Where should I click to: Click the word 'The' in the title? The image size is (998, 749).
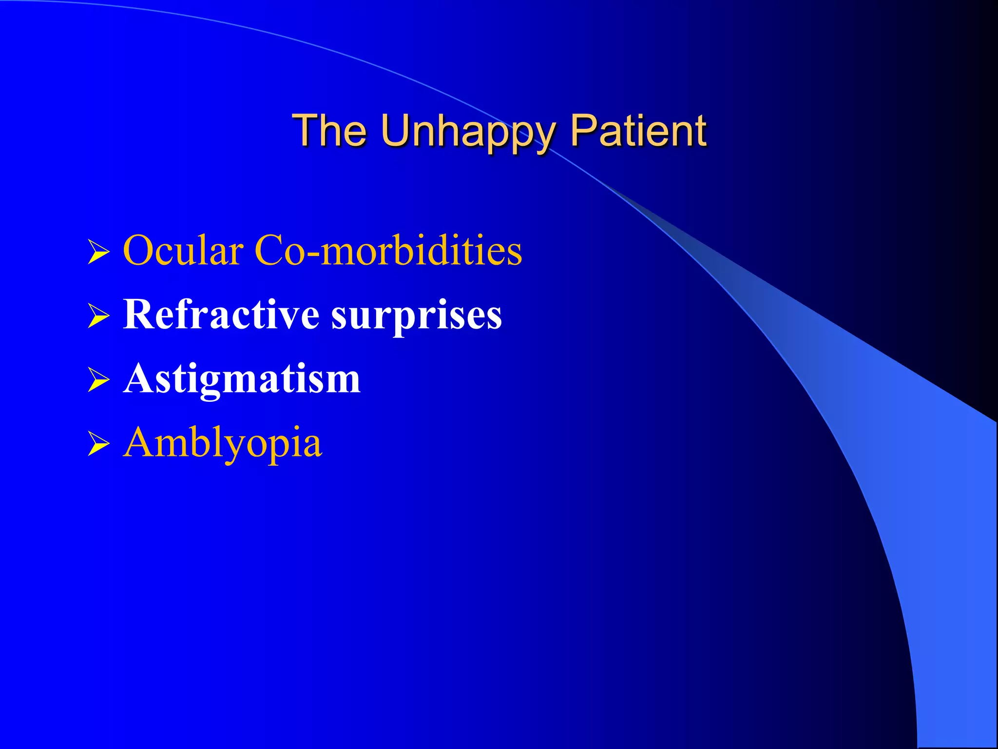pyautogui.click(x=329, y=130)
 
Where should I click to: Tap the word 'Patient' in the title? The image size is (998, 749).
pyautogui.click(x=638, y=130)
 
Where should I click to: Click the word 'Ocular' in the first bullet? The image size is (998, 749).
pyautogui.click(x=183, y=251)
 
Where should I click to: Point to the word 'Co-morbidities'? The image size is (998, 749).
pyautogui.click(x=388, y=251)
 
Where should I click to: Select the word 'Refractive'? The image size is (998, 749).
pyautogui.click(x=221, y=315)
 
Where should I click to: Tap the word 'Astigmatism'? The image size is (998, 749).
pyautogui.click(x=242, y=379)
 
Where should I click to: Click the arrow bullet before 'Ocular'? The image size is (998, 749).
pyautogui.click(x=99, y=252)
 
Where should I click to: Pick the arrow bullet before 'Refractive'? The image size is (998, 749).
pyautogui.click(x=99, y=316)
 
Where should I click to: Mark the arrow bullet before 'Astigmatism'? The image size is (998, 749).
pyautogui.click(x=99, y=380)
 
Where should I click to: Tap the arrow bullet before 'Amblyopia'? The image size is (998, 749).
pyautogui.click(x=99, y=444)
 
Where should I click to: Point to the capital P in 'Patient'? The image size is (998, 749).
pyautogui.click(x=585, y=130)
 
